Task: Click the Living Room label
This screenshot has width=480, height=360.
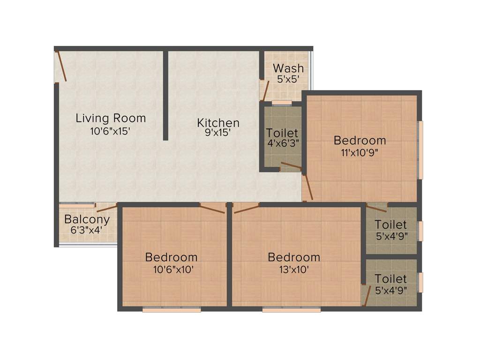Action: click(111, 118)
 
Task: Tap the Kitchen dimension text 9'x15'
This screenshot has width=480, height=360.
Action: click(218, 133)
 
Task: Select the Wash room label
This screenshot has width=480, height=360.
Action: click(288, 68)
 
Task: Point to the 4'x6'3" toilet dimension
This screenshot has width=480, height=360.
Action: click(282, 143)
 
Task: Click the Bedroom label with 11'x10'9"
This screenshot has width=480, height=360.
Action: click(360, 140)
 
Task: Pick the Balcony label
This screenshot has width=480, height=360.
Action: click(87, 219)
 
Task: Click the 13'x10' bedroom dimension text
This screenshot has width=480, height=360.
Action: click(293, 270)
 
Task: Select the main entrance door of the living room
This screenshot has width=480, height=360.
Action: click(61, 66)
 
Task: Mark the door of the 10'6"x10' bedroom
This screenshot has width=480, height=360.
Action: click(212, 209)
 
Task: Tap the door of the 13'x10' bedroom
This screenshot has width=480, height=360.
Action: click(247, 209)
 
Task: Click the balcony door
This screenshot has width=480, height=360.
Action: click(106, 208)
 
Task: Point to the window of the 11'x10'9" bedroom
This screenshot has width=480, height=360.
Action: click(420, 150)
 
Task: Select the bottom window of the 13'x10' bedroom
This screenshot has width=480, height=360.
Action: click(292, 309)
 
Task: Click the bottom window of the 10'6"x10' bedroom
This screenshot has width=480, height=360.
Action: click(172, 309)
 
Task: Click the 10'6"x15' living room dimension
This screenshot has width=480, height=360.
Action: click(110, 131)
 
